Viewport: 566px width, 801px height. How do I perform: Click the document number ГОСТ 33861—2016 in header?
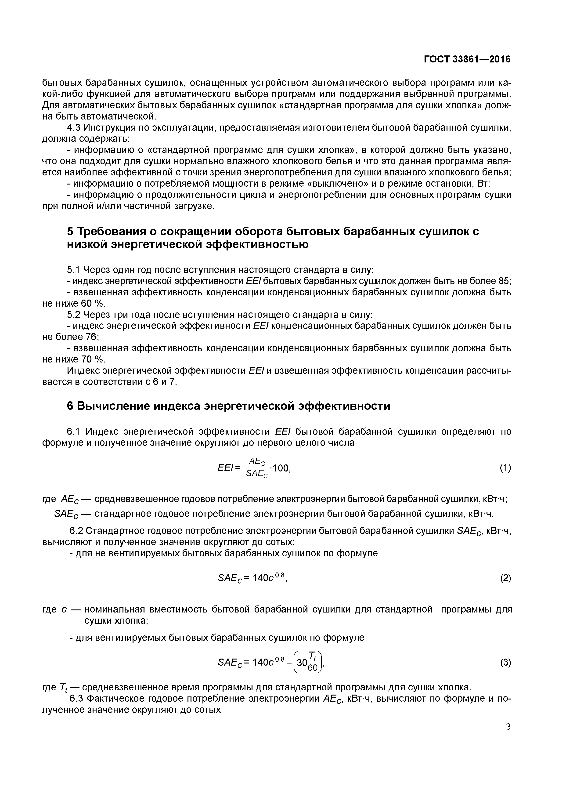467,59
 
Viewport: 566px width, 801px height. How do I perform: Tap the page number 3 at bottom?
508,727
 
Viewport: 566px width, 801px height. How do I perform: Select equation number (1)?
505,468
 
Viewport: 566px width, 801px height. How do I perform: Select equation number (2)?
505,578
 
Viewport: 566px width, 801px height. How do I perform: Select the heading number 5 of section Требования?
70,232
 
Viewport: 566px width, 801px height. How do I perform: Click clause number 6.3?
76,698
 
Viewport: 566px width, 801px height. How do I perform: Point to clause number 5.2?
73,315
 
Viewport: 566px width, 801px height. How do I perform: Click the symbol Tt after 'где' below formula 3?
63,688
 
